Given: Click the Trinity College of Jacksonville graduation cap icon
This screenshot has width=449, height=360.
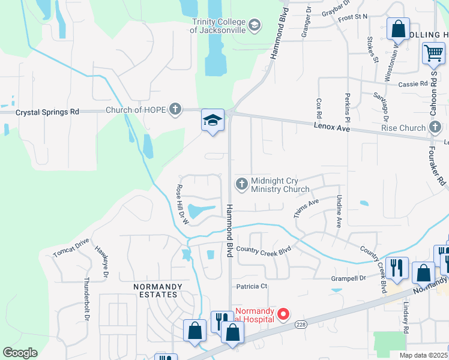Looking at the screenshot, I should coord(255,25).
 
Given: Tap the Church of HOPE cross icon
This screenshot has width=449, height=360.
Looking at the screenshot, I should coord(175,109).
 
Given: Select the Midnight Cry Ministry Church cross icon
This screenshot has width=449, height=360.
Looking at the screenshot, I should coord(242,184).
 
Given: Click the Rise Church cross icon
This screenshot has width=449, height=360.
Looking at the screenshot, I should coord(435,127).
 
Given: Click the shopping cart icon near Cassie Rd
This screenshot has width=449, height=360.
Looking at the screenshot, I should coord(433,53).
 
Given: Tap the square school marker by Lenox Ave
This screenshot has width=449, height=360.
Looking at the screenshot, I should coord(212,120).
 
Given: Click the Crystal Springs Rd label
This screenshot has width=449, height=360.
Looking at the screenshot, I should coord(47,112).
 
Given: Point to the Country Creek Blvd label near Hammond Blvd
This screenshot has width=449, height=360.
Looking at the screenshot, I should coord(264,249).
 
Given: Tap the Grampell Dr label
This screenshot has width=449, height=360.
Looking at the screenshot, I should coord(349,278).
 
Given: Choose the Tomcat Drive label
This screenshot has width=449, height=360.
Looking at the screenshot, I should coord(71,247).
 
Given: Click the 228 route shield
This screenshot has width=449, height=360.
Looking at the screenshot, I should coord(301,325).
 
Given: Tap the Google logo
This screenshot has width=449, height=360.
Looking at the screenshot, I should coord(20,353).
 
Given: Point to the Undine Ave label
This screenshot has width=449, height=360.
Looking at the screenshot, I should coord(339,211).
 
